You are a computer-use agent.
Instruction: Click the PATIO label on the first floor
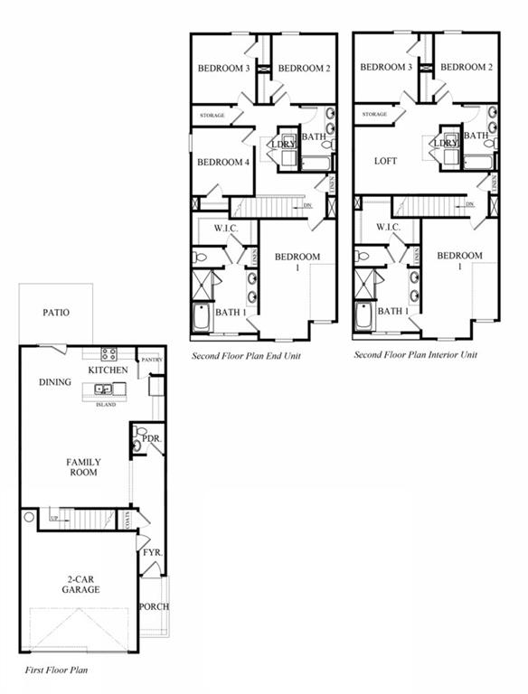[56, 313]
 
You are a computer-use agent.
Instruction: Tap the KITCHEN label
[108, 370]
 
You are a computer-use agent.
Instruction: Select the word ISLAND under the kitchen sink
[106, 404]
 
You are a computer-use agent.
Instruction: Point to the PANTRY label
[150, 361]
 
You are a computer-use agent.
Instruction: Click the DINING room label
[55, 382]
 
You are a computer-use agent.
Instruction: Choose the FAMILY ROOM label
[83, 467]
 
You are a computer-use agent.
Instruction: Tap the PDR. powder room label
[151, 438]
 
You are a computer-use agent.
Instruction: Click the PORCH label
[155, 606]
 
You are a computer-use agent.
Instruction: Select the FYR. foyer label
[151, 551]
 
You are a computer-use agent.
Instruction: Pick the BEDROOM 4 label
[223, 163]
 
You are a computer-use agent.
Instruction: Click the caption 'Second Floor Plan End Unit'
[246, 356]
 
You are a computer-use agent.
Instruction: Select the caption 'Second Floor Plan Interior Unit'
[415, 355]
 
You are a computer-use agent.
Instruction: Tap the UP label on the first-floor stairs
[54, 516]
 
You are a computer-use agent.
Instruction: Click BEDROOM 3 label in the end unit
[223, 68]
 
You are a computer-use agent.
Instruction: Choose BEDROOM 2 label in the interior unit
[467, 67]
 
